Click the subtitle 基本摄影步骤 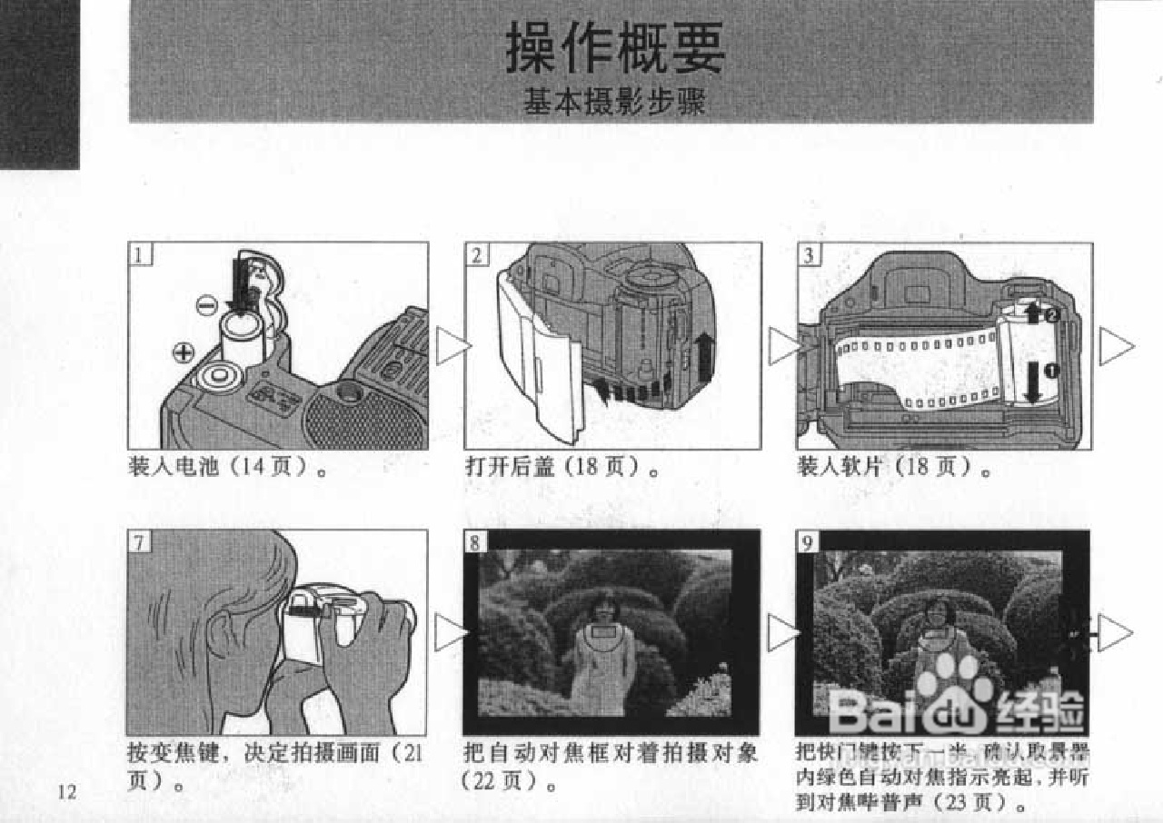pos(614,103)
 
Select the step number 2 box pos(475,255)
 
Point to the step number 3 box pos(808,255)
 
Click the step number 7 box pos(137,543)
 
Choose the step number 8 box pos(474,543)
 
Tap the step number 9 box pos(808,543)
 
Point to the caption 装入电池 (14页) pos(227,468)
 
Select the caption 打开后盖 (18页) pos(561,468)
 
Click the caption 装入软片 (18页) pos(892,468)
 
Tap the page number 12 pos(66,791)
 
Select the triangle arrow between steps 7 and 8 pos(451,632)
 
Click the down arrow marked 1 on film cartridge pos(1032,383)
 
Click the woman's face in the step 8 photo pos(601,606)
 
